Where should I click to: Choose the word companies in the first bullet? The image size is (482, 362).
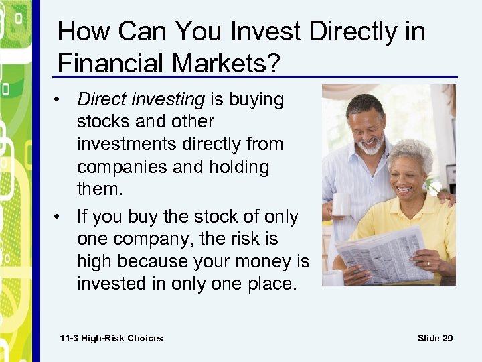(119, 167)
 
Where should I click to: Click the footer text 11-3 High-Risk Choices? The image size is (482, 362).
(111, 338)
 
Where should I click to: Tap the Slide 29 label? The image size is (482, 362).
(434, 338)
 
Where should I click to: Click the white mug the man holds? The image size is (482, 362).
(341, 203)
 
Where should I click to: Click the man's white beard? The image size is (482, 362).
(369, 146)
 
